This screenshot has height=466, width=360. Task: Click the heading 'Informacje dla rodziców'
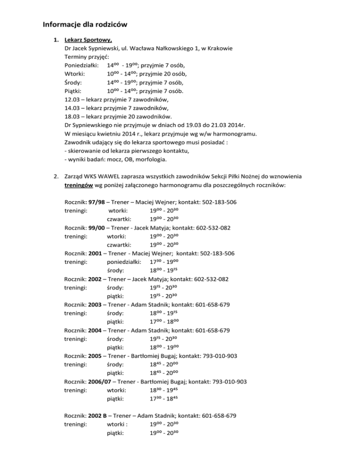tap(85, 24)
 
